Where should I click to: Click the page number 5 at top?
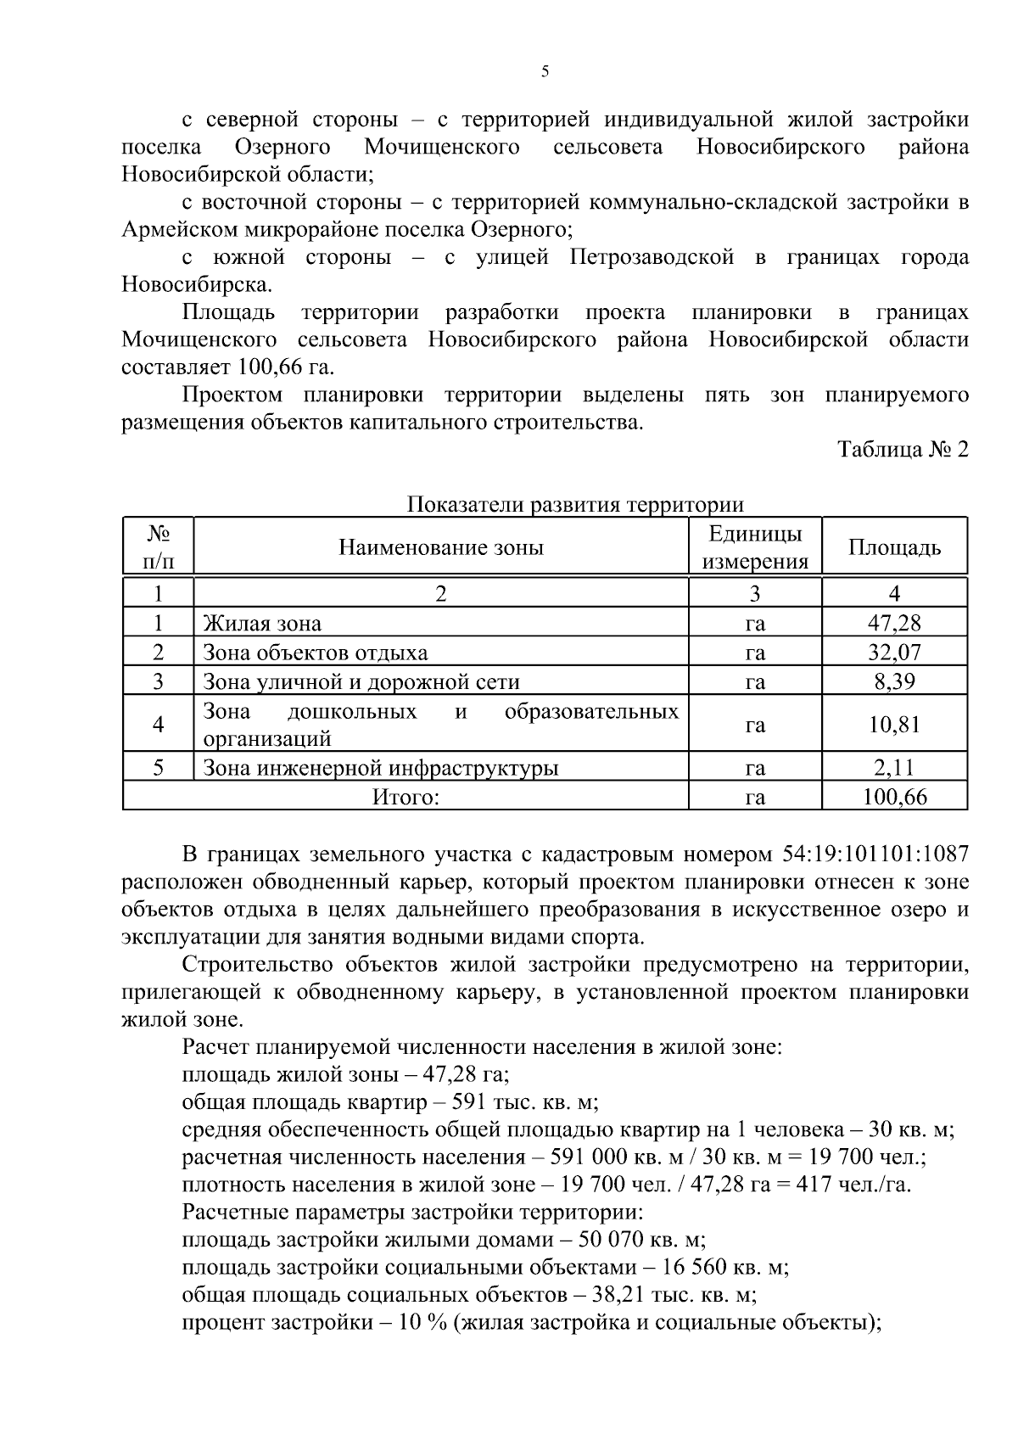(x=545, y=72)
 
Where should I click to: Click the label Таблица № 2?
(x=903, y=450)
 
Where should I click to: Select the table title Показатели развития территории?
(x=575, y=505)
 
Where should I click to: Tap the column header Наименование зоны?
(x=440, y=547)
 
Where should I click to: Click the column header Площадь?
(x=894, y=547)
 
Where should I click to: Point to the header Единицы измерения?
(x=755, y=547)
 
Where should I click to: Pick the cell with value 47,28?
(x=894, y=624)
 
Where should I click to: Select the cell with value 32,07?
(x=894, y=653)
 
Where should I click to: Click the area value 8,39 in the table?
(x=894, y=682)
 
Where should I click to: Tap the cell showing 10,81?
(x=894, y=725)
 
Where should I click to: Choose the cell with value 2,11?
(x=894, y=769)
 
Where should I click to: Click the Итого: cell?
(x=406, y=798)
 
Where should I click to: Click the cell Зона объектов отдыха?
(x=315, y=653)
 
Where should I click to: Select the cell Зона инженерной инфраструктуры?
(x=380, y=769)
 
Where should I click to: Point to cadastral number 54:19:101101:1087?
(x=871, y=854)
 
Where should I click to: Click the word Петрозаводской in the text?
(x=652, y=257)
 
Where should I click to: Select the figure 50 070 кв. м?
(x=641, y=1240)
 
